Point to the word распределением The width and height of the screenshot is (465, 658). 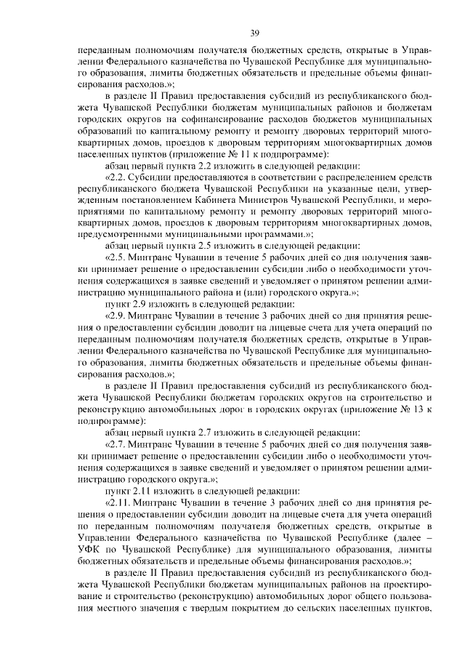pos(348,177)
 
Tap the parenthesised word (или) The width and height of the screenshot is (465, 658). pos(243,292)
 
